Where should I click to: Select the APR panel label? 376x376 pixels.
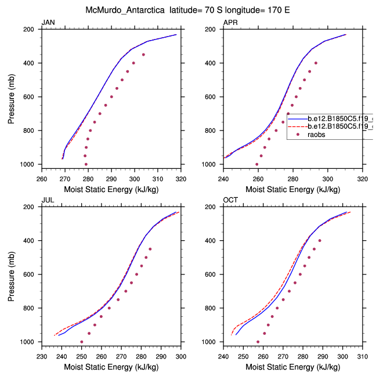pyautogui.click(x=230, y=23)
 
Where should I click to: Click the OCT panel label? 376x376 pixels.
pyautogui.click(x=230, y=201)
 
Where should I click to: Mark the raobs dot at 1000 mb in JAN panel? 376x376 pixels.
pyautogui.click(x=86, y=164)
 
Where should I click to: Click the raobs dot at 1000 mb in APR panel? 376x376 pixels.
pyautogui.click(x=257, y=164)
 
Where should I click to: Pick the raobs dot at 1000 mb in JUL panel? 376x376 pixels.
pyautogui.click(x=81, y=342)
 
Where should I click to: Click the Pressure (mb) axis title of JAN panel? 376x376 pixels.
pyautogui.click(x=12, y=96)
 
